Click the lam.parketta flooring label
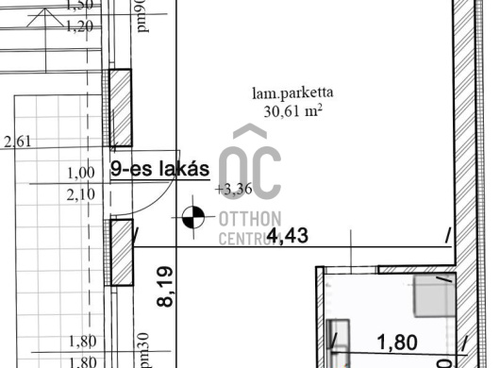[292, 92]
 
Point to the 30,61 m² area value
[292, 109]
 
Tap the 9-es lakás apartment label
[159, 170]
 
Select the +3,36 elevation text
[232, 189]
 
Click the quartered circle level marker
[192, 217]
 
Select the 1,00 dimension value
[82, 173]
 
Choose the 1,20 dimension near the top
[82, 25]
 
